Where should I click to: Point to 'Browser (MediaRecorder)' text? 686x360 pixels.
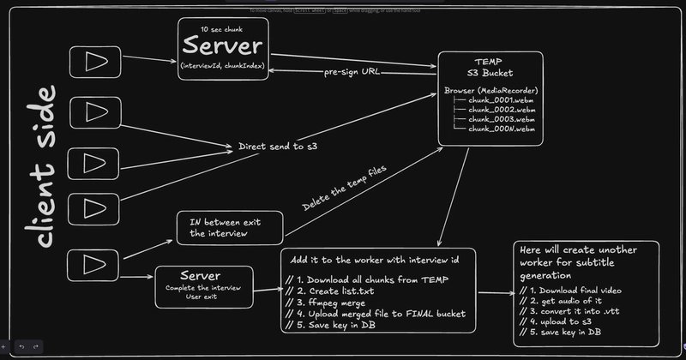[x=490, y=90]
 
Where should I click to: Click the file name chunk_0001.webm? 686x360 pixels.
[x=502, y=100]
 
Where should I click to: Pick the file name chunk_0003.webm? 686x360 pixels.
[x=502, y=119]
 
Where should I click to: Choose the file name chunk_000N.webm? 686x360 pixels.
[x=502, y=129]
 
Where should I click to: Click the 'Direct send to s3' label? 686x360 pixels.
[x=278, y=147]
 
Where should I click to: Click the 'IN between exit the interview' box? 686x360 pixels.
[x=229, y=227]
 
